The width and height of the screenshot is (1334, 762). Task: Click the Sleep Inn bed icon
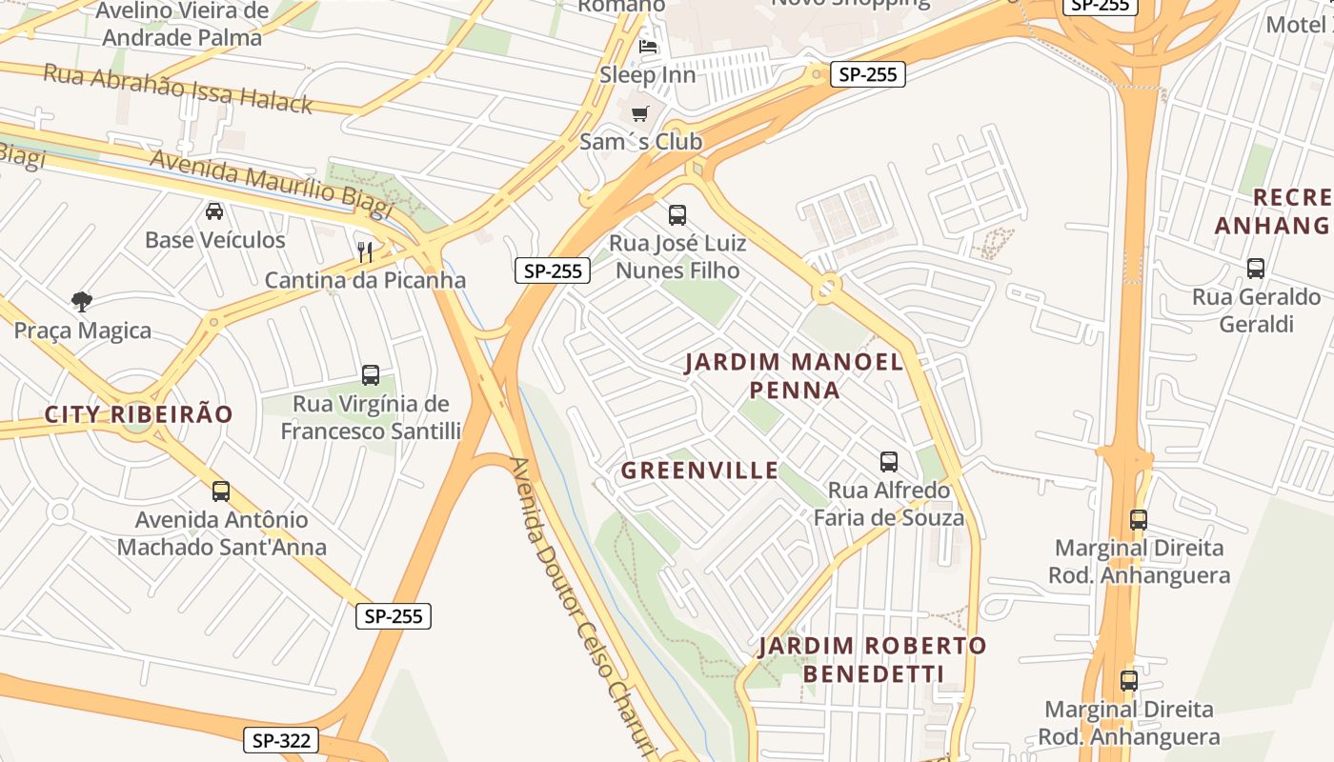pos(648,46)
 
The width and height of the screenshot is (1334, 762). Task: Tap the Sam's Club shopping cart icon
pos(640,113)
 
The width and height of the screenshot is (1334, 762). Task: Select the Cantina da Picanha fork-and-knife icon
pos(364,251)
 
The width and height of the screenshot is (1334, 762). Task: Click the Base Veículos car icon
pos(214,211)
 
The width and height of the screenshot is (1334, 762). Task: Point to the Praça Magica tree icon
pos(82,302)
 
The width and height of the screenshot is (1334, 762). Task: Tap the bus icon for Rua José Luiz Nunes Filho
pos(677,214)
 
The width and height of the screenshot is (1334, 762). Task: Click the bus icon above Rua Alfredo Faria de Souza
pos(889,462)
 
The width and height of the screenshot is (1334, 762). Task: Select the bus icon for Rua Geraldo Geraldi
pos(1256,269)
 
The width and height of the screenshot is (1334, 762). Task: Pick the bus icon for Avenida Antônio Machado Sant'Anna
pos(221,491)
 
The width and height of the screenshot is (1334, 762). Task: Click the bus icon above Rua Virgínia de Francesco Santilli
pos(371,375)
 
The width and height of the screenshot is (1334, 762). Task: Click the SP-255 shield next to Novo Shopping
pos(867,74)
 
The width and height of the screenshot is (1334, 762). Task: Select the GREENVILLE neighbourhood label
pos(699,471)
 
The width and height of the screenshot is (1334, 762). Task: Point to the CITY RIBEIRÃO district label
pos(138,414)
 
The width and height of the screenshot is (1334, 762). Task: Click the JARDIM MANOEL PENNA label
pos(794,375)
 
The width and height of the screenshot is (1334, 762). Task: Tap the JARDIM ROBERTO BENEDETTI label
pos(872,659)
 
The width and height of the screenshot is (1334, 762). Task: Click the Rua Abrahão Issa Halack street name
pos(178,89)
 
